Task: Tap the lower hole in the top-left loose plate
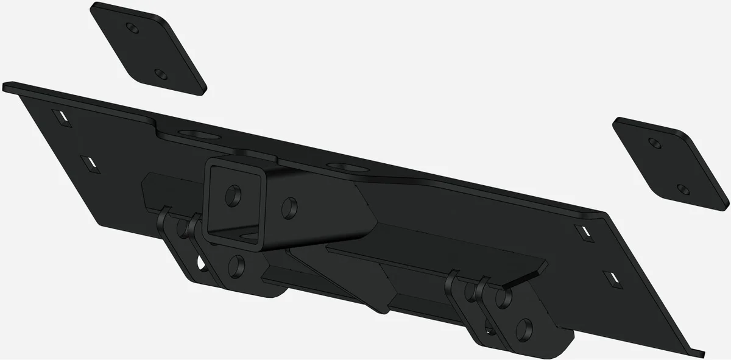pos(160,73)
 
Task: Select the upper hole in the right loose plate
pos(655,144)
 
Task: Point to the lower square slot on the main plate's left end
pos(90,163)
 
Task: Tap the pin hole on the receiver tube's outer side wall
pos(290,207)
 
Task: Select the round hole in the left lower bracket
pos(236,266)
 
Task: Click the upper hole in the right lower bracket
pos(503,298)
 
